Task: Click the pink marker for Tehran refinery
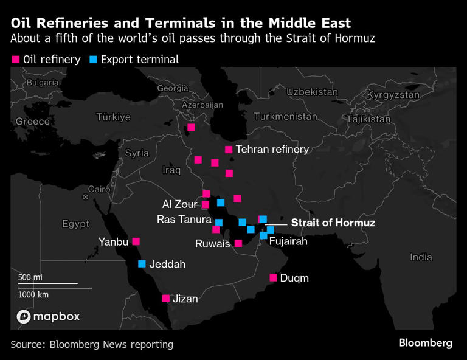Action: (x=229, y=150)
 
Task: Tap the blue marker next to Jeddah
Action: (x=142, y=264)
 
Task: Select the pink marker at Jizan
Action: (x=165, y=299)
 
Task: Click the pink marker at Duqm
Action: (x=273, y=278)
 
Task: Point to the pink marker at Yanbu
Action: (x=136, y=241)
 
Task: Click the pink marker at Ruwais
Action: (x=238, y=243)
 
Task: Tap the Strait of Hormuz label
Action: (x=333, y=223)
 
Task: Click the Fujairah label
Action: (x=288, y=241)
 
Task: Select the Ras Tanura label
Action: (x=184, y=220)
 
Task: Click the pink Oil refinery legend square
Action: (x=15, y=60)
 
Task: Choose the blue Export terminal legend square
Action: (x=93, y=60)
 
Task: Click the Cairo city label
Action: (x=99, y=189)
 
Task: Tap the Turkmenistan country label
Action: (x=286, y=117)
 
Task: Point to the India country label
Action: (x=421, y=257)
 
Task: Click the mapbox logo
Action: (x=48, y=317)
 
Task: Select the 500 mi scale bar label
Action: (x=30, y=277)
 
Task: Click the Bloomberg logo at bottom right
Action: (x=425, y=344)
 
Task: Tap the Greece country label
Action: (x=33, y=122)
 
